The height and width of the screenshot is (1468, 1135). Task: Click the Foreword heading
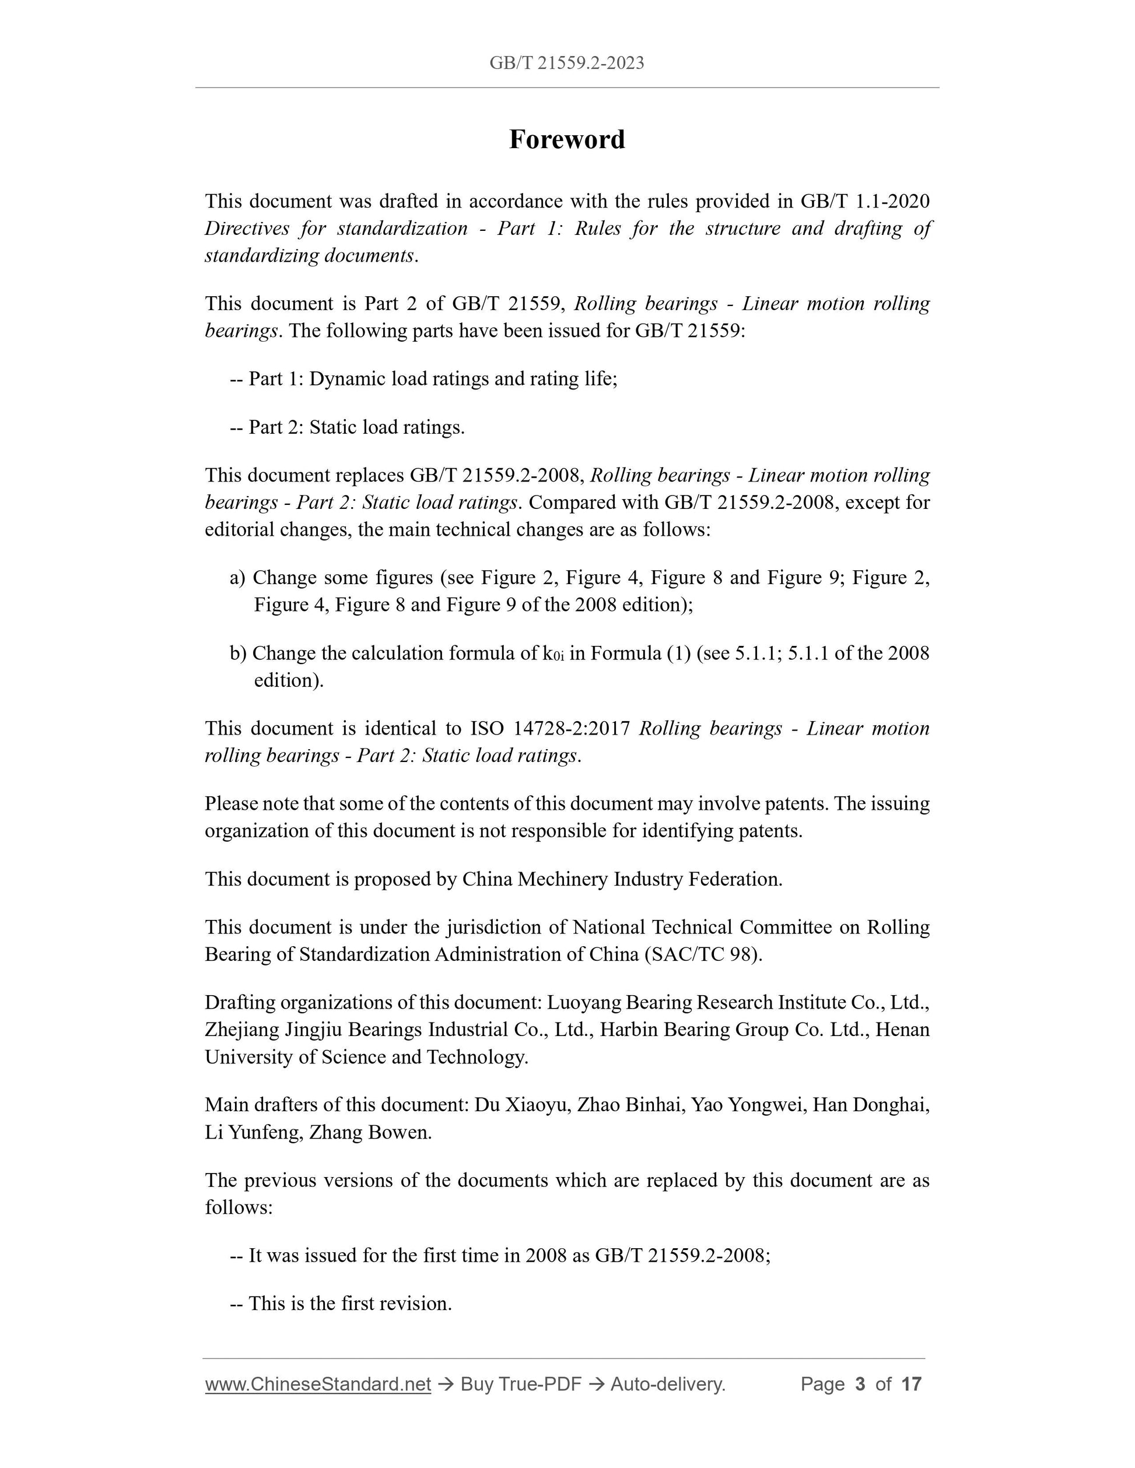click(x=567, y=140)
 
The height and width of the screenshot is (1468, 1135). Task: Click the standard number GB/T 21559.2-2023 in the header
click(x=567, y=63)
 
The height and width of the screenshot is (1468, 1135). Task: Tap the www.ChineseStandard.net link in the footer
click(x=317, y=1384)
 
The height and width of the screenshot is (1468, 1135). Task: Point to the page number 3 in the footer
click(x=859, y=1384)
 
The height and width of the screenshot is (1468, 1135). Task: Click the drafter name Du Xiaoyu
click(x=520, y=1105)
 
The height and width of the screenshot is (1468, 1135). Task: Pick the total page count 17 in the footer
click(x=911, y=1384)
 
